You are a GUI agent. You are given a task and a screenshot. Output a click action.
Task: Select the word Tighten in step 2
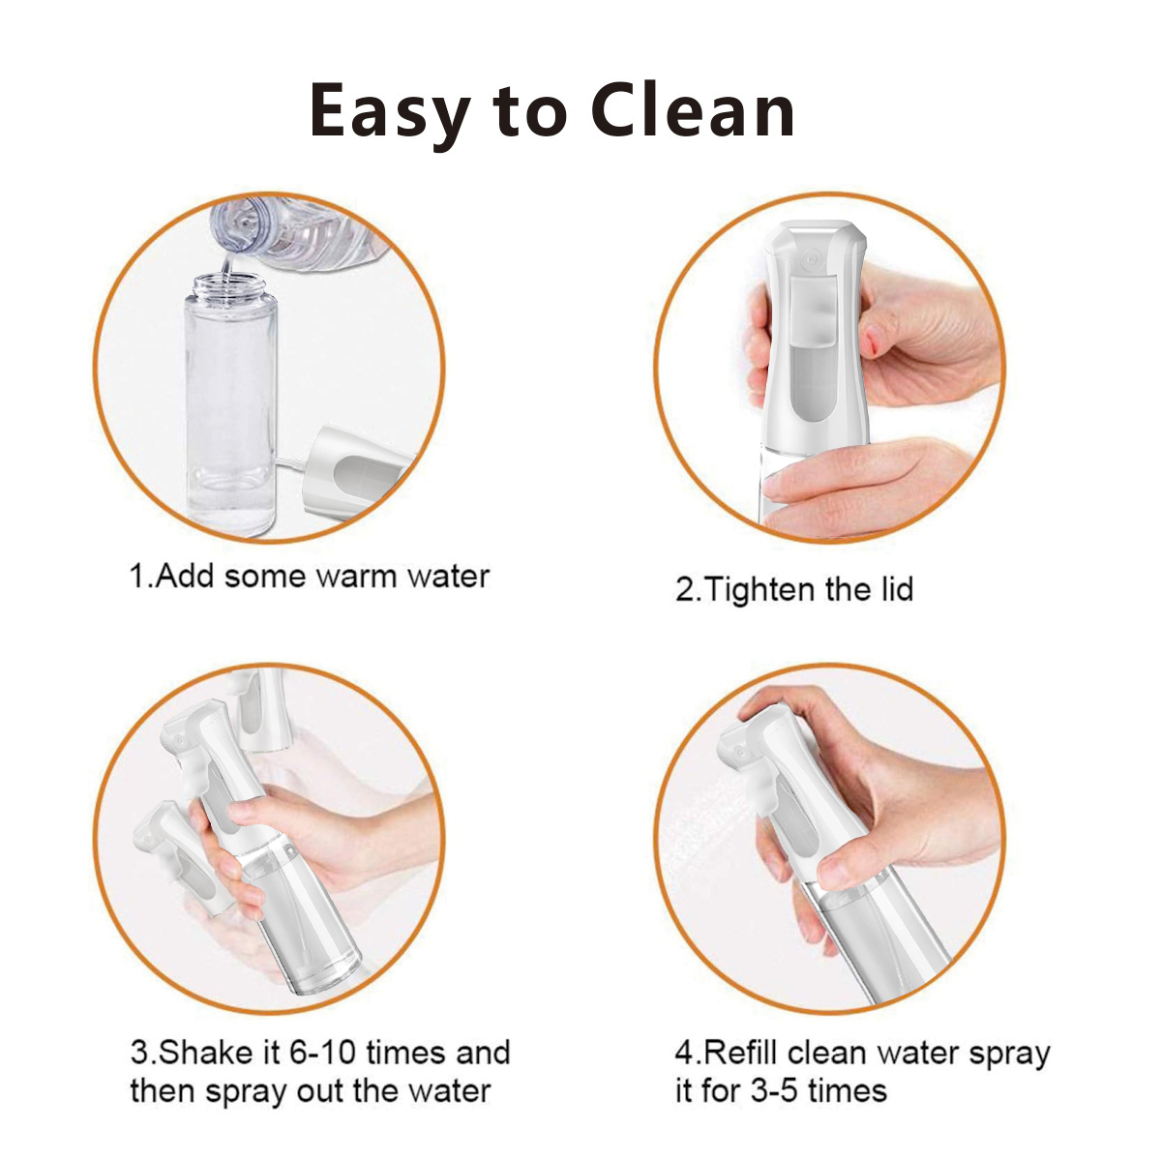[760, 589]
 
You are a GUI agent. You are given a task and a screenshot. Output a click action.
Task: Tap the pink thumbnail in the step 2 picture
[870, 341]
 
